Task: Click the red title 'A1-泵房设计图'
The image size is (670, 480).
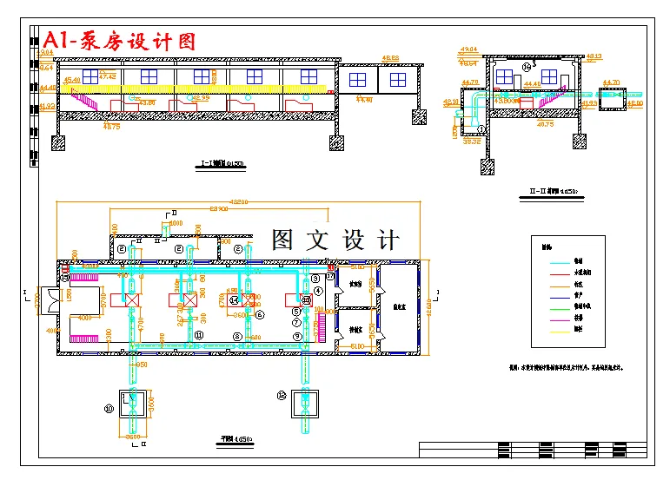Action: pos(120,40)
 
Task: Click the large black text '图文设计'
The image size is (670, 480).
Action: pos(335,240)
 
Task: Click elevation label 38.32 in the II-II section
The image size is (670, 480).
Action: pos(472,141)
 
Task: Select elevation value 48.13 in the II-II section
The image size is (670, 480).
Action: pos(594,56)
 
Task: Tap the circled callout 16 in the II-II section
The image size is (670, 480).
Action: pos(526,67)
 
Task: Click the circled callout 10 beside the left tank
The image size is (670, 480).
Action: pos(109,408)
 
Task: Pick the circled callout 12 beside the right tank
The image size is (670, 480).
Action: pos(281,395)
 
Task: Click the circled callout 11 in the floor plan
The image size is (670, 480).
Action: pos(199,334)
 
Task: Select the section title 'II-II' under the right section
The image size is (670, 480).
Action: pos(553,189)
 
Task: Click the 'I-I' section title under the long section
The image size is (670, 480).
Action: pos(221,163)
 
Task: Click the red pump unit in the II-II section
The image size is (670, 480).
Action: pos(526,101)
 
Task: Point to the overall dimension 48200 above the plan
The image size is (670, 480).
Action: pos(237,201)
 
